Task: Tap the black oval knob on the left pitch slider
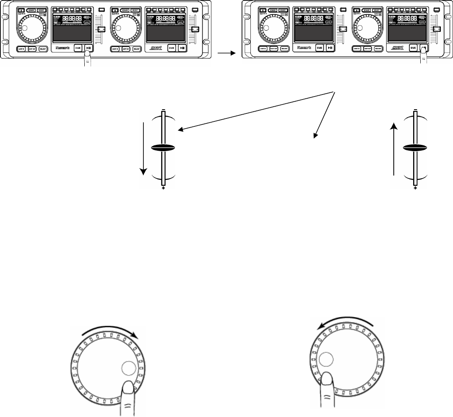[163, 148]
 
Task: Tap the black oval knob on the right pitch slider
[415, 148]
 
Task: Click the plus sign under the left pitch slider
[163, 189]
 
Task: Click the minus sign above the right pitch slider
[415, 110]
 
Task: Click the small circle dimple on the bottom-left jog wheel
[128, 368]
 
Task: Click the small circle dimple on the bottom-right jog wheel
[326, 359]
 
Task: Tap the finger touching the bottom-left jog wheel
[131, 395]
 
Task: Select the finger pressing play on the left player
[88, 58]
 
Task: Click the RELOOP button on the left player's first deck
[42, 49]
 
